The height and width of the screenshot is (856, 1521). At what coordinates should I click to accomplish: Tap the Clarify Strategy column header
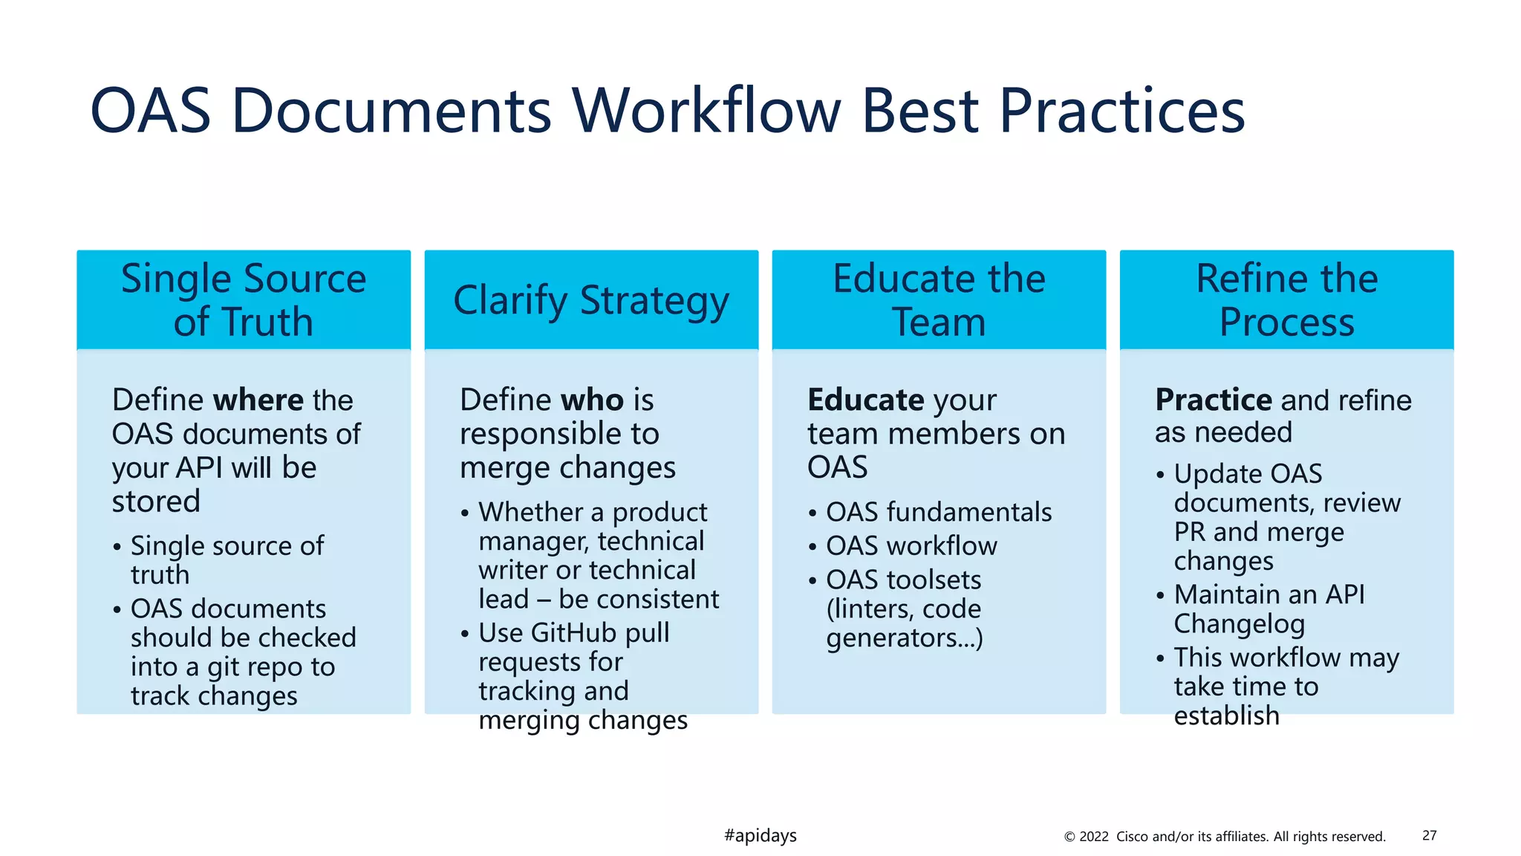(x=591, y=300)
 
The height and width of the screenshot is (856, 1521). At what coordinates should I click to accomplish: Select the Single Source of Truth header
(x=244, y=300)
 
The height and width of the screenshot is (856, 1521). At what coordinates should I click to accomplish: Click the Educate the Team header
(x=939, y=300)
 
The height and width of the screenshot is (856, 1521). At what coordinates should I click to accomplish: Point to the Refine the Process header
(x=1286, y=300)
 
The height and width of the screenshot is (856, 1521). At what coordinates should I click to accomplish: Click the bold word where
(x=258, y=401)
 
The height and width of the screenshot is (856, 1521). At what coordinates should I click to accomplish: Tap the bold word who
(x=593, y=401)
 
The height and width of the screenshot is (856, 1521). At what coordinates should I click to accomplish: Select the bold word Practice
(x=1214, y=401)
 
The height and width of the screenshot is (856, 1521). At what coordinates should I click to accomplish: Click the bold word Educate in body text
(x=865, y=401)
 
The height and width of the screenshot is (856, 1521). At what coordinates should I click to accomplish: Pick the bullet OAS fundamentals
(x=939, y=512)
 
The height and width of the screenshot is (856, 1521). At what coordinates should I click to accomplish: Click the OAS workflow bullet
(x=911, y=546)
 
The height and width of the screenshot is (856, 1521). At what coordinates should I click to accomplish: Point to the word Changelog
(x=1239, y=624)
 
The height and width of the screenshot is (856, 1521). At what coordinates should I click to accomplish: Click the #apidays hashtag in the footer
(x=760, y=836)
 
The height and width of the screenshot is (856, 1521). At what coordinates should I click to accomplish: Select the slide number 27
(x=1429, y=836)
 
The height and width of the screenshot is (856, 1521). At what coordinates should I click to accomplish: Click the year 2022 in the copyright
(x=1093, y=837)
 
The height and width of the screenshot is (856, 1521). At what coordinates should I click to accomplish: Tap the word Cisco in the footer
(x=1132, y=837)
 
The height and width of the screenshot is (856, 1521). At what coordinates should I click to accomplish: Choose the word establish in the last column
(x=1226, y=716)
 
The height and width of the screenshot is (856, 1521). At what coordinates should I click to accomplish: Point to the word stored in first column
(x=156, y=502)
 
